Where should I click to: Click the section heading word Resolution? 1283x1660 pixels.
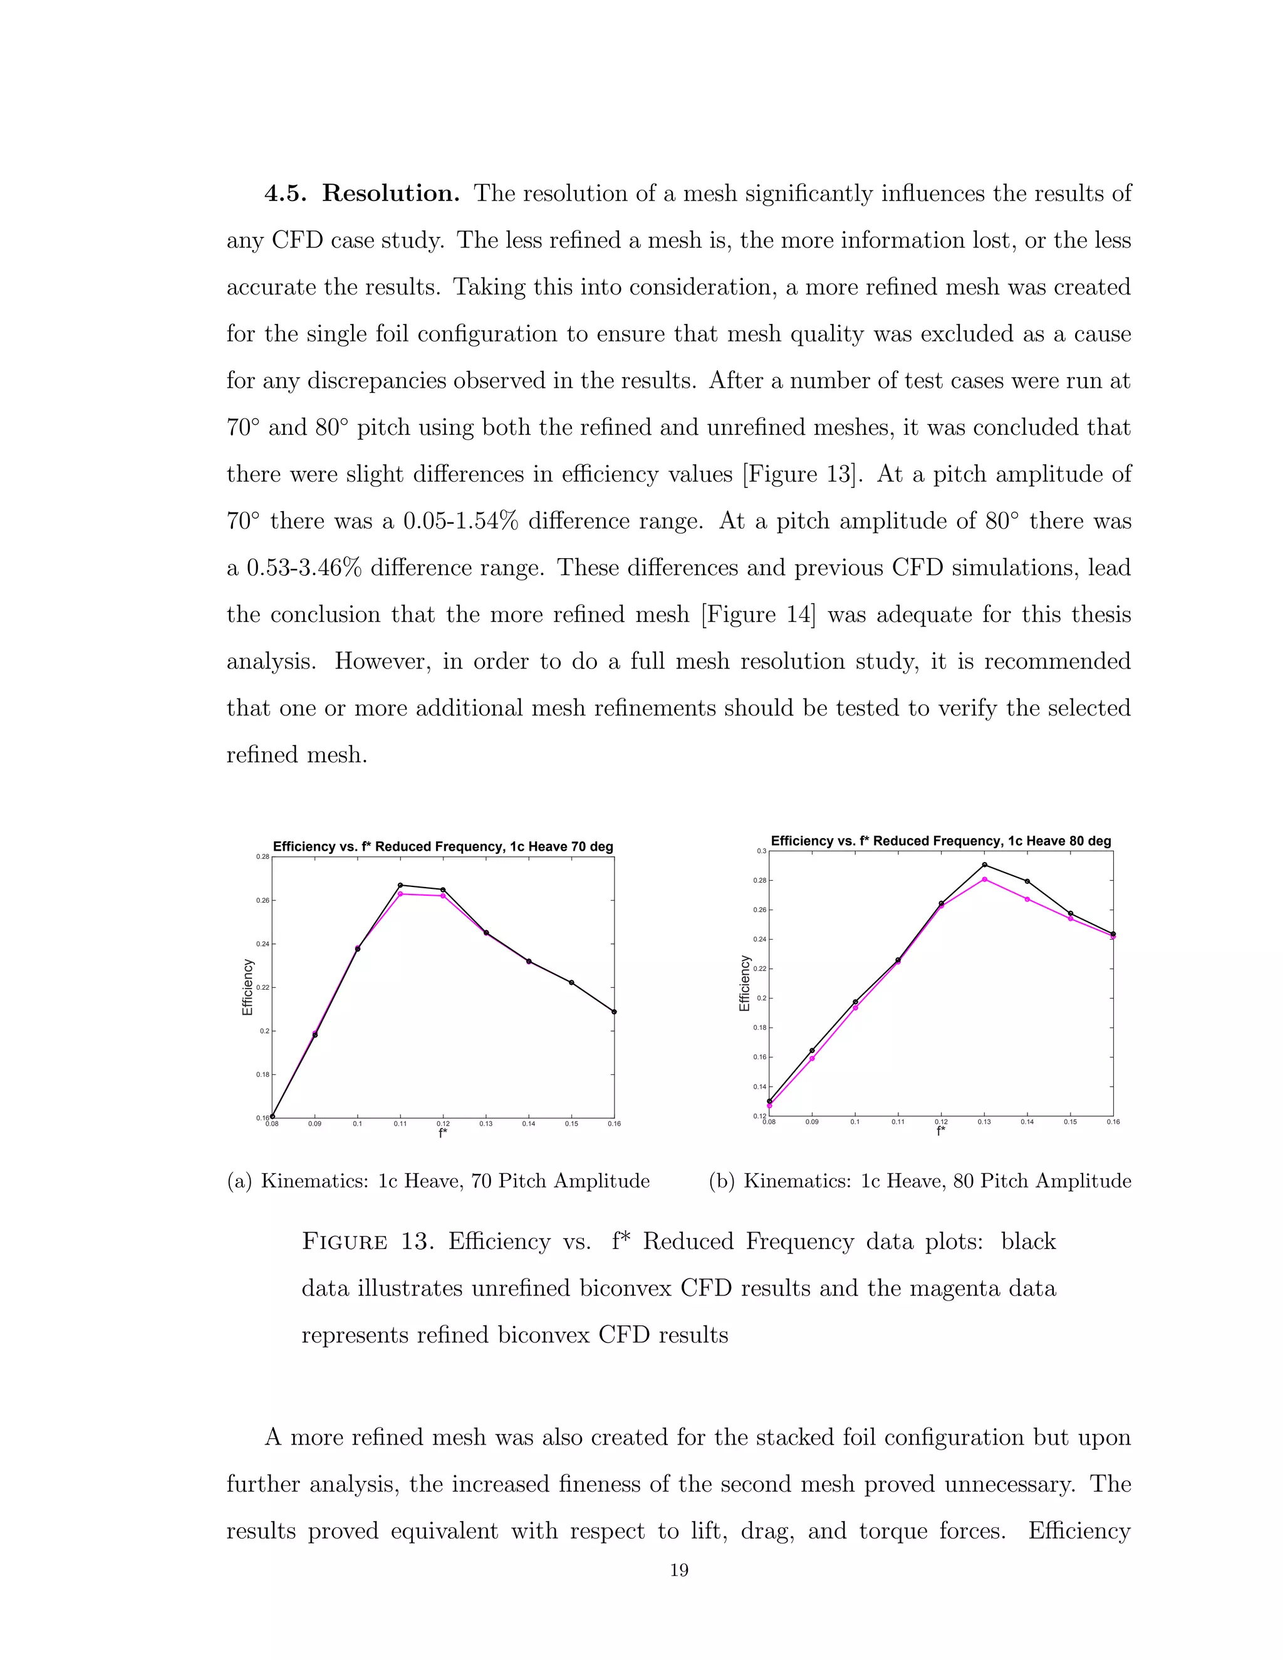click(391, 193)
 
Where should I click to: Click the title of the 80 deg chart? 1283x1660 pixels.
click(940, 841)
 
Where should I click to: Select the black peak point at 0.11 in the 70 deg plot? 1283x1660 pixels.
click(400, 884)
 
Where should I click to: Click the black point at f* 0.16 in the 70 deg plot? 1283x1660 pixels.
click(614, 1012)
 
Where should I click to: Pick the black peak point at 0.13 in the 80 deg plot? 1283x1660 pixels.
click(984, 864)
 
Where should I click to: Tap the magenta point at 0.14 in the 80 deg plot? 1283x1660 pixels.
click(1027, 899)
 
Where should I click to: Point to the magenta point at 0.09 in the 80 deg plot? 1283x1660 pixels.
click(812, 1058)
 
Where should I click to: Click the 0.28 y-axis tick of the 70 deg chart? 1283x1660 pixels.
click(262, 856)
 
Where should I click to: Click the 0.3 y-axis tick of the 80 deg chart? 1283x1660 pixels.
click(761, 851)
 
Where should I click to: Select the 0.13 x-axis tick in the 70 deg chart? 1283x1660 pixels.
click(486, 1123)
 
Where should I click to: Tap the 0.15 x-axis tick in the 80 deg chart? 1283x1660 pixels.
click(1070, 1121)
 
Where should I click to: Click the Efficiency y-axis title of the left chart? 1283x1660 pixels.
click(247, 987)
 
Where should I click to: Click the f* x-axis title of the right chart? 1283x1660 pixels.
click(941, 1130)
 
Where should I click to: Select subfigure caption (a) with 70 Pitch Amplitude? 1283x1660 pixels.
click(439, 1180)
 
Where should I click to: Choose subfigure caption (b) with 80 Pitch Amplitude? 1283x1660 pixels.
click(920, 1180)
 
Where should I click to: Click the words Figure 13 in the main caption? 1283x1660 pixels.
click(366, 1241)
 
